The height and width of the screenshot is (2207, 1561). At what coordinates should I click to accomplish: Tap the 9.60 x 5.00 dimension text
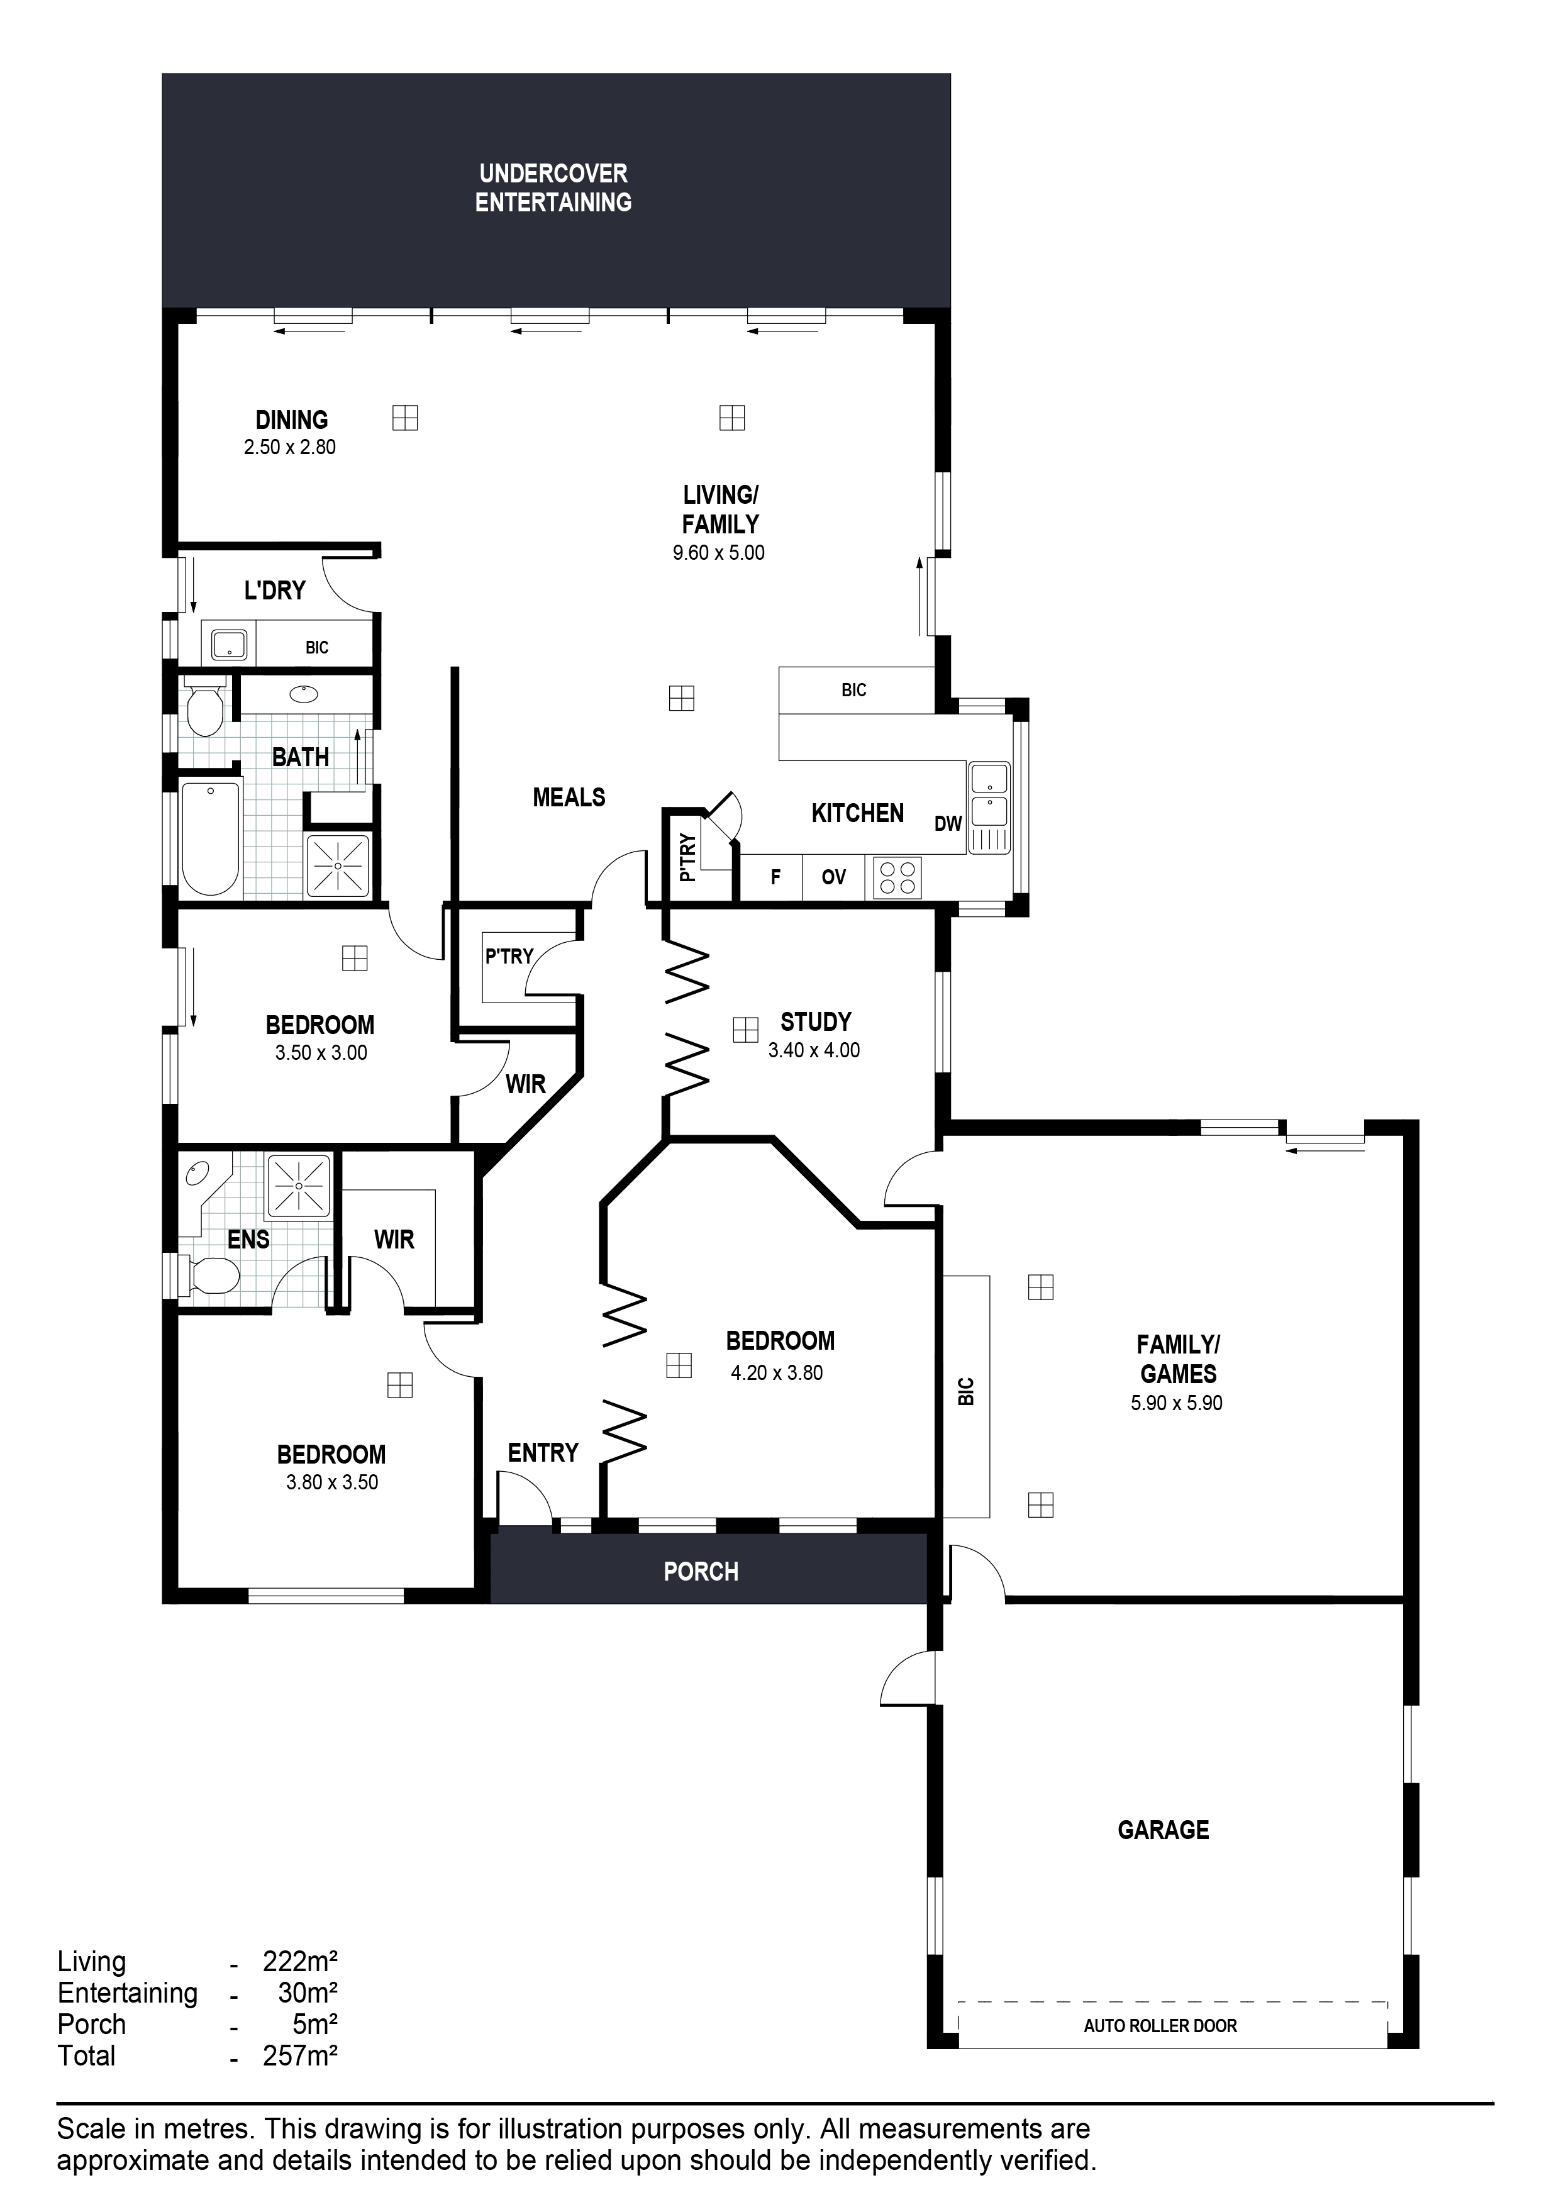(718, 553)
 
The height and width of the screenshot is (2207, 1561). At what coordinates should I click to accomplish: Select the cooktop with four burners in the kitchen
(897, 877)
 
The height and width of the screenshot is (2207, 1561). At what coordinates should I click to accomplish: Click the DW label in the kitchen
(948, 824)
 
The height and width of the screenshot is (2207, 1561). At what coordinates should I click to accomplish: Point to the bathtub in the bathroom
(209, 838)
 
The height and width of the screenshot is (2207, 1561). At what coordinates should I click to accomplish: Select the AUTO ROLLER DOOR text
(1160, 2025)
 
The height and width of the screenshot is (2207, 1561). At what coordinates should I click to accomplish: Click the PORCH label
(701, 1572)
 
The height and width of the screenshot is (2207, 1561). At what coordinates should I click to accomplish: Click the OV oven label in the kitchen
(833, 877)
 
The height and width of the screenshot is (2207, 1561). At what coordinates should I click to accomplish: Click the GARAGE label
(1163, 1829)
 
